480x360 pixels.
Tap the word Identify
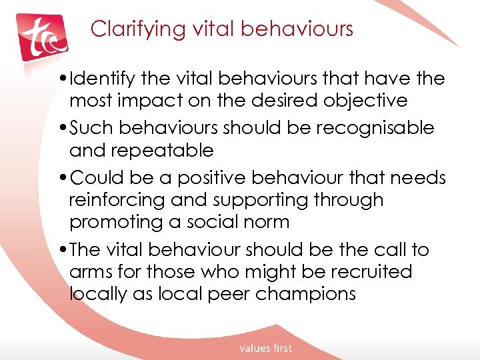(106, 79)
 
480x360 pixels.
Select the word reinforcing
(119, 200)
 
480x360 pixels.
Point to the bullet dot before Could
(63, 178)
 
